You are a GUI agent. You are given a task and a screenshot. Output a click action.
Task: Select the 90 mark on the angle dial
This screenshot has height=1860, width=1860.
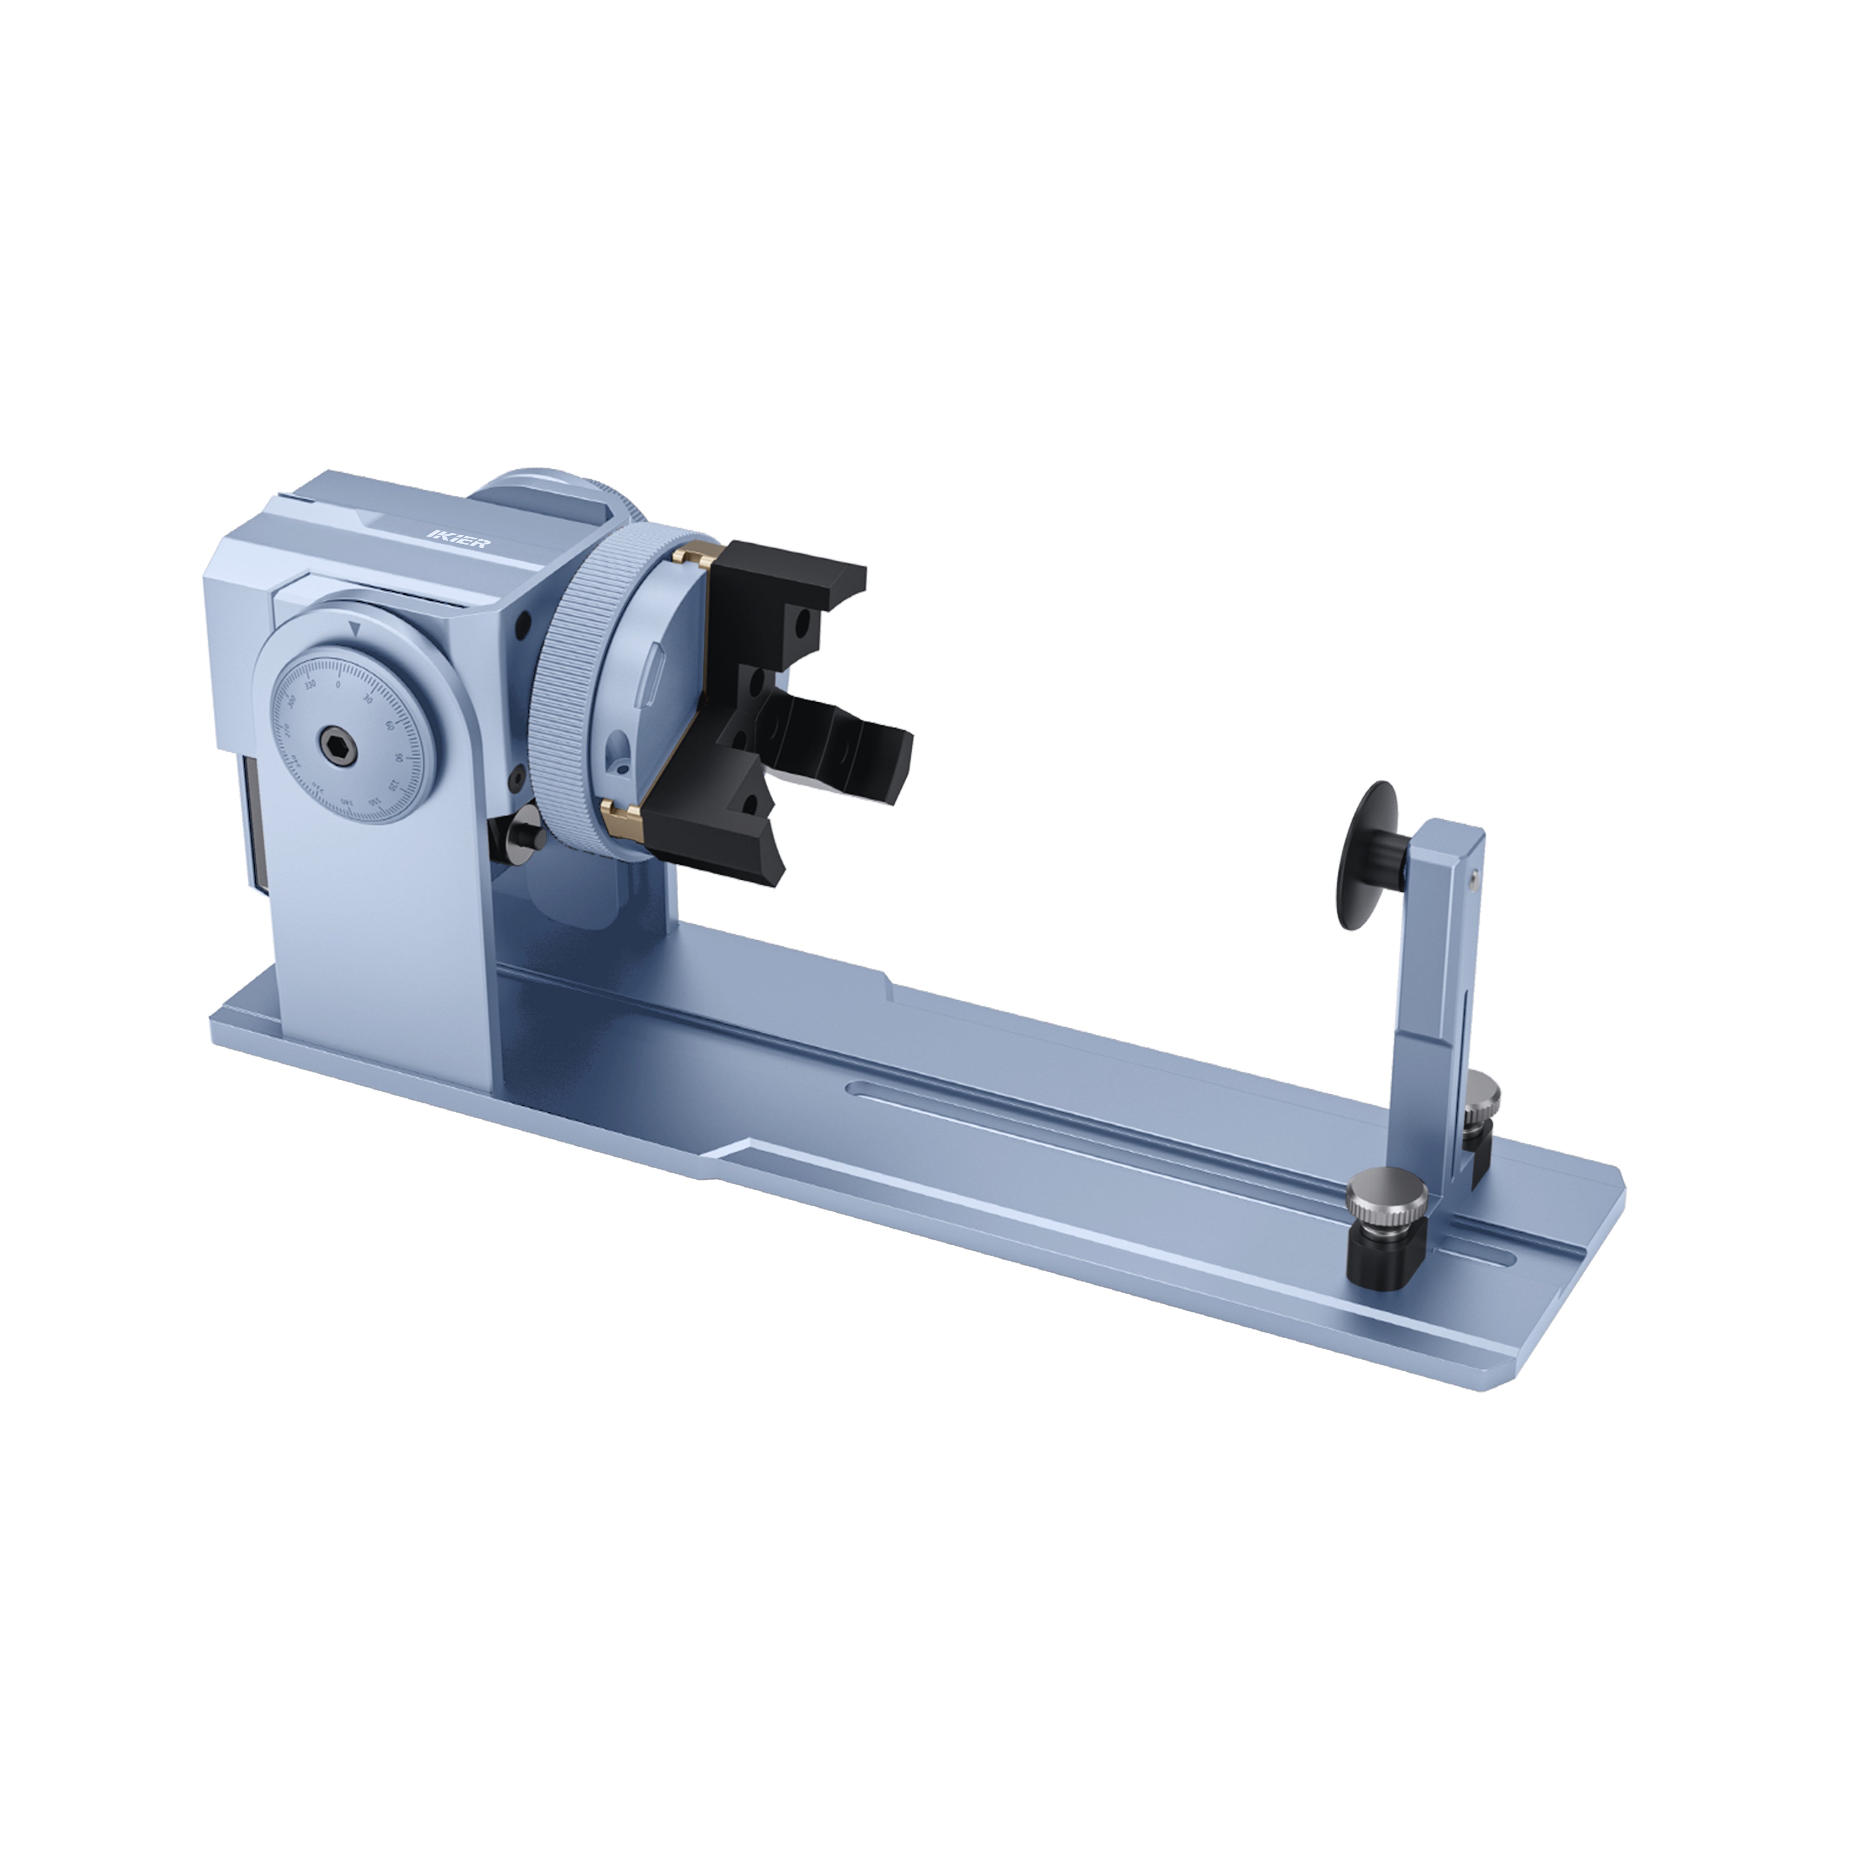point(399,760)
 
